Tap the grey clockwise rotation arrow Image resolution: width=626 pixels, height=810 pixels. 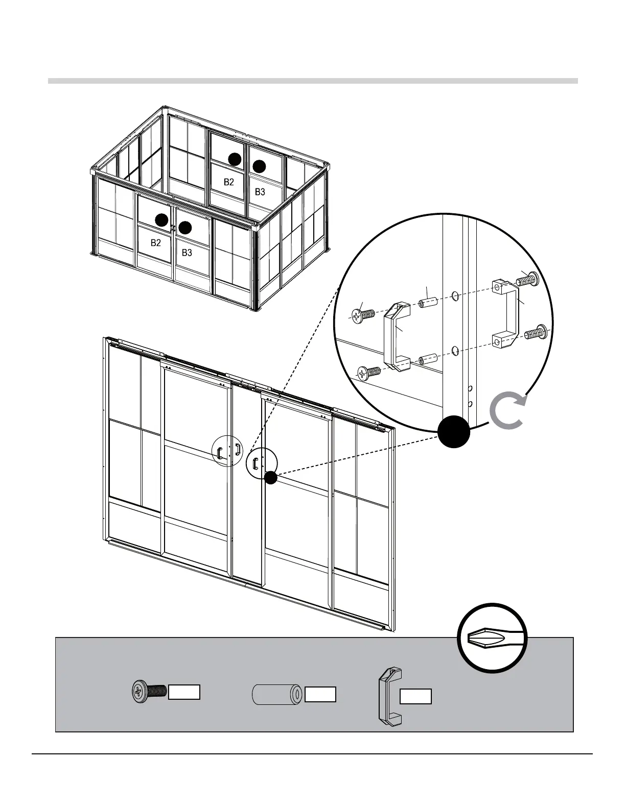click(x=506, y=411)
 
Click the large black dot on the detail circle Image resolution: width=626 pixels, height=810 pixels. click(x=453, y=432)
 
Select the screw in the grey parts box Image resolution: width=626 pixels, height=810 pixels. click(x=149, y=692)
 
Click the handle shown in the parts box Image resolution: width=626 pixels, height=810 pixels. click(x=389, y=696)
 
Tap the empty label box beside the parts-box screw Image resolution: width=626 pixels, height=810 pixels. click(x=184, y=692)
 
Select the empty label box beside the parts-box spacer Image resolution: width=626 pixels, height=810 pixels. click(x=320, y=694)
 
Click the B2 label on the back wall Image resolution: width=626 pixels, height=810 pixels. click(x=228, y=182)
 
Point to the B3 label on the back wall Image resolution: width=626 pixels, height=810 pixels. click(x=260, y=192)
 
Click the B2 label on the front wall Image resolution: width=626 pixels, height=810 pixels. click(x=156, y=243)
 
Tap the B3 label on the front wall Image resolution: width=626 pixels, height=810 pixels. click(x=187, y=253)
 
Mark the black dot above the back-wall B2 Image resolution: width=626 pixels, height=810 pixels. click(x=235, y=159)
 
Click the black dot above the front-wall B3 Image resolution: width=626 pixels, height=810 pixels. click(x=185, y=228)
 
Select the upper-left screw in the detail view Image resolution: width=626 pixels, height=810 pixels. click(x=363, y=314)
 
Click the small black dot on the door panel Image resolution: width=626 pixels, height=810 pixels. click(x=271, y=478)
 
